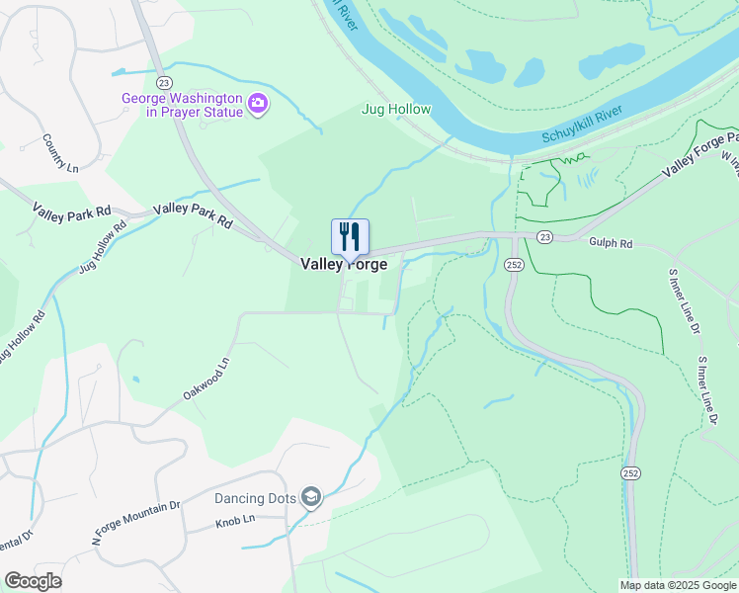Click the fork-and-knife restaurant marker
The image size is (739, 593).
[350, 237]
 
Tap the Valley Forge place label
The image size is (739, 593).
[344, 265]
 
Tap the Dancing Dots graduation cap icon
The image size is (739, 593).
[311, 497]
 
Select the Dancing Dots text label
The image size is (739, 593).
[256, 498]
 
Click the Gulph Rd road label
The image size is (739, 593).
[609, 241]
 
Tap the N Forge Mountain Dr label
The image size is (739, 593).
[136, 522]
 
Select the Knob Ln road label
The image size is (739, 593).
[235, 519]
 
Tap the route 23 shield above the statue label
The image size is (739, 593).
[164, 82]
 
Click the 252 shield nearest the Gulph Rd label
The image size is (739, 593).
[513, 265]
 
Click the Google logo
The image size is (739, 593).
[33, 581]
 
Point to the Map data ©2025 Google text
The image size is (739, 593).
[677, 585]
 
